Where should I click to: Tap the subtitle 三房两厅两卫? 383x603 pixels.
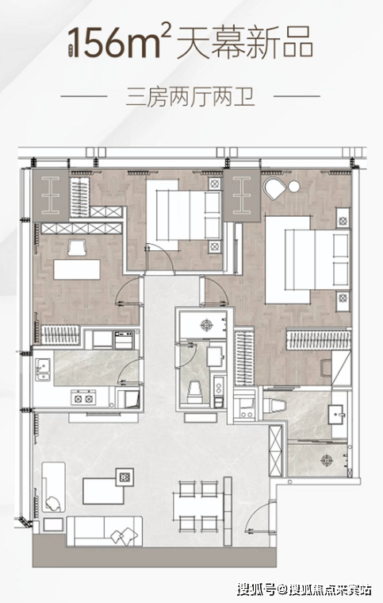coord(190,97)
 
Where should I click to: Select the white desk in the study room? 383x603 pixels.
coord(77,269)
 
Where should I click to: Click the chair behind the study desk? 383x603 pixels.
coord(77,247)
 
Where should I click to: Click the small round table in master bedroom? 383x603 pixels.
coord(294,187)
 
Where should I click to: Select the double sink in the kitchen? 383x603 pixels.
coord(43,369)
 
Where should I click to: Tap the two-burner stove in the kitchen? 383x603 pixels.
coord(83,398)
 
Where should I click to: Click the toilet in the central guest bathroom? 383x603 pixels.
coord(194,391)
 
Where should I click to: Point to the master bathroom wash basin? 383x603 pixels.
coord(338,414)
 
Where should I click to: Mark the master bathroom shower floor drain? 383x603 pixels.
coord(327,460)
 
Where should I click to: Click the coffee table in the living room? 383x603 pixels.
coord(104,490)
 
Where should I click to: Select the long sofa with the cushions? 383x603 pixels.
coord(105,531)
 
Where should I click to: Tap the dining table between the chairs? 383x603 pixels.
coord(198,506)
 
